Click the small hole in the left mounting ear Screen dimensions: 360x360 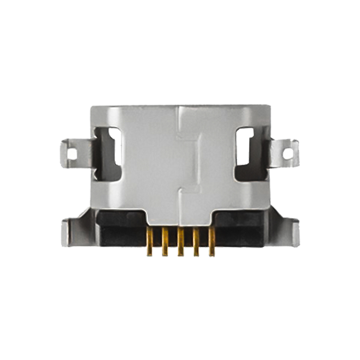72,154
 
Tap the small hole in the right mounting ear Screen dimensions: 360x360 288,153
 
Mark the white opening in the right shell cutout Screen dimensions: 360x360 246,145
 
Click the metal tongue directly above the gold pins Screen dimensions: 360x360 180,216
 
